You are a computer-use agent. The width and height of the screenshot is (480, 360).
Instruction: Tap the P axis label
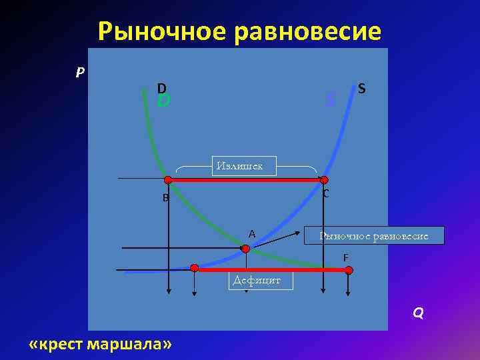click(x=80, y=72)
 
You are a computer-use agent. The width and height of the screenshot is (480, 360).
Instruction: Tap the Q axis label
click(x=418, y=313)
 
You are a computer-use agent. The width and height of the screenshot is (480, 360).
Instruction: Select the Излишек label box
click(x=244, y=165)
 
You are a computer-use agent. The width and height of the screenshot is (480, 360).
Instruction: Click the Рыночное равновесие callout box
click(x=374, y=235)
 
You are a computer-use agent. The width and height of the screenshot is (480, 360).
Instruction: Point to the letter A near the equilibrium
click(x=252, y=233)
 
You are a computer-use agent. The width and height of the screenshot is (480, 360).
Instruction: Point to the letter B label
click(x=165, y=197)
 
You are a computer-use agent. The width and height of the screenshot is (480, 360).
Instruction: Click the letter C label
click(x=325, y=194)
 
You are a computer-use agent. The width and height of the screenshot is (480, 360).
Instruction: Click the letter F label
click(x=345, y=257)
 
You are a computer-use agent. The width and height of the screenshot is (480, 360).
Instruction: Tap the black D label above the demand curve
click(x=162, y=87)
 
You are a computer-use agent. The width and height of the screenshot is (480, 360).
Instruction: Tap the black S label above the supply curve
click(x=361, y=87)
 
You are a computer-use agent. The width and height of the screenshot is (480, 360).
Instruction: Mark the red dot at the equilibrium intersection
click(x=245, y=248)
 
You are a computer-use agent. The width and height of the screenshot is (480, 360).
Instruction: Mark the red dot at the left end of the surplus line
click(x=168, y=179)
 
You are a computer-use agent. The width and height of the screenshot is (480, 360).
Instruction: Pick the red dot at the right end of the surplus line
click(x=324, y=180)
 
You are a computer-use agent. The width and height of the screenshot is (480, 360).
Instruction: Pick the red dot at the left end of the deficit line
click(x=194, y=268)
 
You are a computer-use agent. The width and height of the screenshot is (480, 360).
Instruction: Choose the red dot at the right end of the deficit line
click(x=349, y=270)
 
